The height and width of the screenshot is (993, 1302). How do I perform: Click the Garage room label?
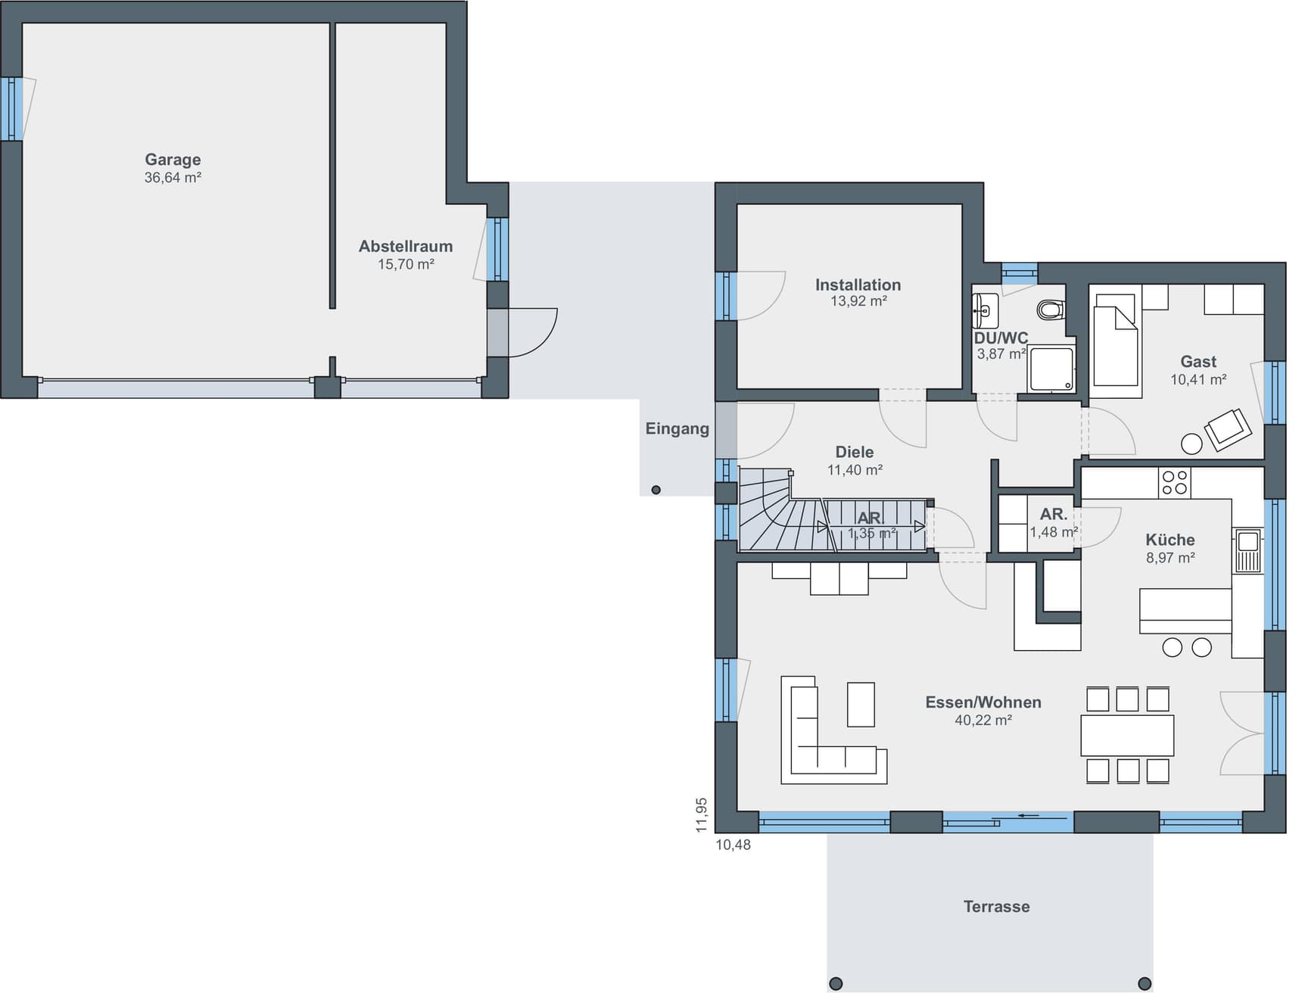(173, 160)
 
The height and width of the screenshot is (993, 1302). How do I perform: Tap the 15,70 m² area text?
(406, 264)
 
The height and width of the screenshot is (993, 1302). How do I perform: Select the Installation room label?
(858, 285)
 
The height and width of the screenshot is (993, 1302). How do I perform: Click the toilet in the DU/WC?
(1051, 310)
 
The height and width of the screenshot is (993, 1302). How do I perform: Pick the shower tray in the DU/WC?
(1051, 369)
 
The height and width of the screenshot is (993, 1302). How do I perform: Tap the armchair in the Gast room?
(1227, 429)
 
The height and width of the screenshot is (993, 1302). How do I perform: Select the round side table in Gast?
(1191, 444)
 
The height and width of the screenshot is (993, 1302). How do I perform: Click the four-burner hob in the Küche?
(1175, 483)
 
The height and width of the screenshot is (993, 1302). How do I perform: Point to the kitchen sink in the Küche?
(1247, 549)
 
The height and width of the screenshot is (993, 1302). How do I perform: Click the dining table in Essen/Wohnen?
(1127, 735)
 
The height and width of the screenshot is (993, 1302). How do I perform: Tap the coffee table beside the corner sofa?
(861, 705)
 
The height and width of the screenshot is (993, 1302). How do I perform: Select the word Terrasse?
(996, 906)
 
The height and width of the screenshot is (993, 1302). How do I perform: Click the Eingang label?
(677, 428)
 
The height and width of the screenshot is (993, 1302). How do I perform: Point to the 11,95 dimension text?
(702, 815)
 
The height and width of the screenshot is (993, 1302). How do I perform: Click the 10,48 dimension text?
(734, 845)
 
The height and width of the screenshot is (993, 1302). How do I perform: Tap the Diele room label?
(855, 452)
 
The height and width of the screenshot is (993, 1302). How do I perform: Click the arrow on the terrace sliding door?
(1032, 816)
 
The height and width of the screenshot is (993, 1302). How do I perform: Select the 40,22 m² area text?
(983, 720)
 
